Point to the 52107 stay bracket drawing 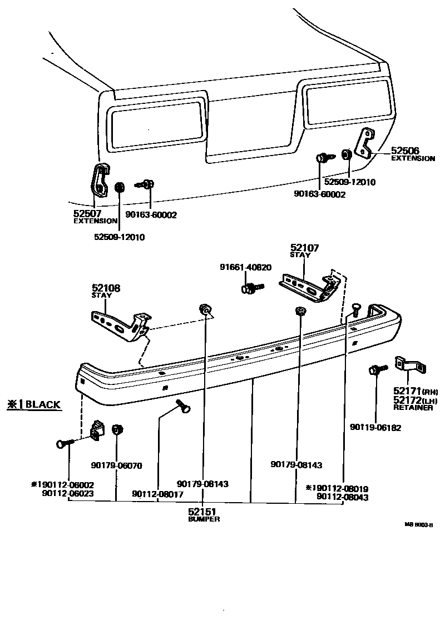pyautogui.click(x=310, y=287)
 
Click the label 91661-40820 pyautogui.click(x=245, y=267)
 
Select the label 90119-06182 pyautogui.click(x=375, y=428)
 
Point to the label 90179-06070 pyautogui.click(x=116, y=465)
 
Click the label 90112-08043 pyautogui.click(x=342, y=498)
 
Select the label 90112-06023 pyautogui.click(x=67, y=492)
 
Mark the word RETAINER pyautogui.click(x=413, y=407)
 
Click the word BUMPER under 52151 pyautogui.click(x=204, y=519)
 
